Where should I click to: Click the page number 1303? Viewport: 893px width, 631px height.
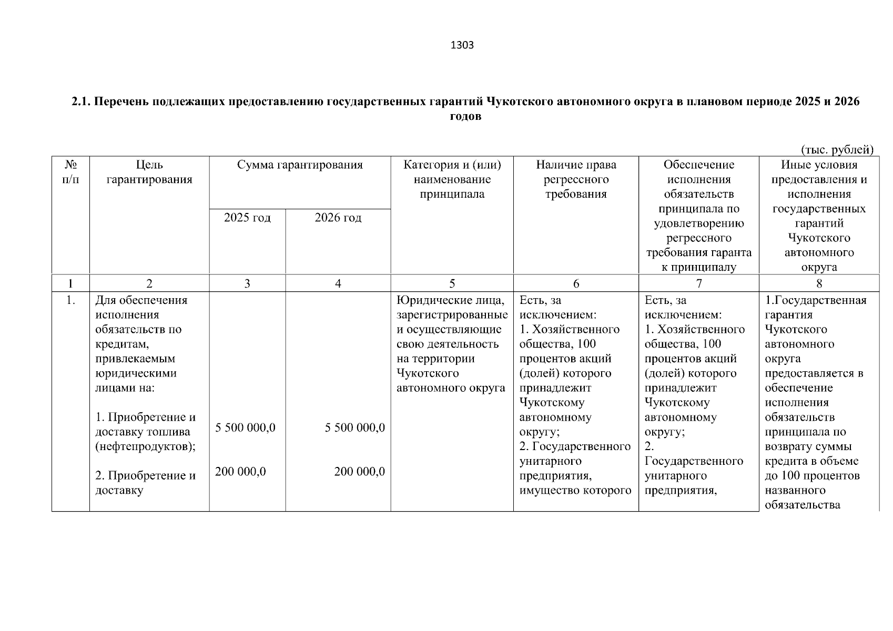(462, 45)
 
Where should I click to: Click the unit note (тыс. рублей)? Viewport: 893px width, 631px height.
(837, 150)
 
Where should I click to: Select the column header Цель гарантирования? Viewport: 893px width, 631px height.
(149, 172)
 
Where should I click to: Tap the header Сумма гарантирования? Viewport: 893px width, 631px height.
(300, 165)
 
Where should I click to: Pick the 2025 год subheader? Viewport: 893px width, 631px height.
(247, 218)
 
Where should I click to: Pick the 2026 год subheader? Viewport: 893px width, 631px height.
(338, 218)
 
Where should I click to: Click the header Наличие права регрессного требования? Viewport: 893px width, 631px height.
(576, 179)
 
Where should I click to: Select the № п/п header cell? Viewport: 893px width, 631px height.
(70, 172)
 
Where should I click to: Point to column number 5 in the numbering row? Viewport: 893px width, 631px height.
(452, 284)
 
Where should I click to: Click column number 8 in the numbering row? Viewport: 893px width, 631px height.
(819, 284)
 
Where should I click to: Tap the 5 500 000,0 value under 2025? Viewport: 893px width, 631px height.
(246, 428)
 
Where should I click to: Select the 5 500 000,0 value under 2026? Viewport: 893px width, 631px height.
(355, 428)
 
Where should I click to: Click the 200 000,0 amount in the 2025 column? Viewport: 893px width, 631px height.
(240, 472)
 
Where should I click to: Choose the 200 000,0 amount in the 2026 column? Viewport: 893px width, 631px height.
(360, 472)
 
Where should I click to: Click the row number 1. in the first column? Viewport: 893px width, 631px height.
(70, 301)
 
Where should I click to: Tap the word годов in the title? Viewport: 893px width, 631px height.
(465, 116)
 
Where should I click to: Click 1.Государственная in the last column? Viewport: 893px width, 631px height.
(815, 300)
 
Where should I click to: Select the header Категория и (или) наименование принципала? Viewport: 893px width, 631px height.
(452, 179)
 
